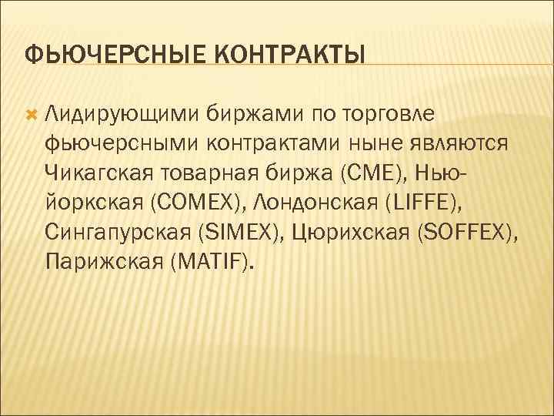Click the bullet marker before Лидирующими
(x=31, y=114)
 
